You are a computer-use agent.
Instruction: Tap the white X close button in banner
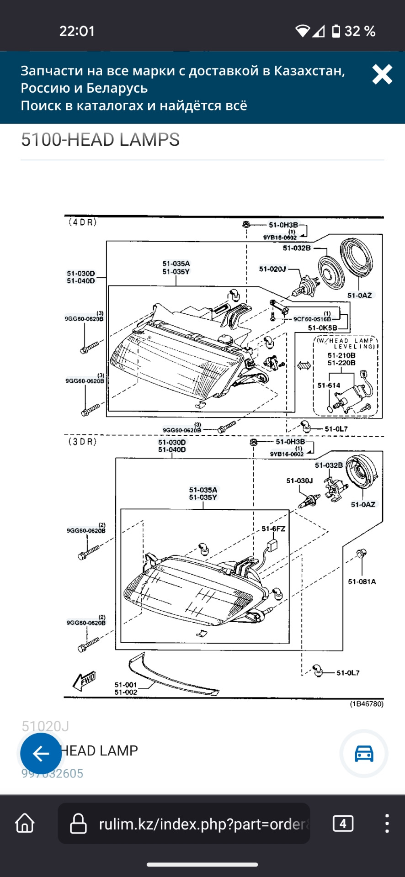[382, 74]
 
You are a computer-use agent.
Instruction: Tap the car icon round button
[364, 754]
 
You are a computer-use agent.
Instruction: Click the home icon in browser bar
[25, 824]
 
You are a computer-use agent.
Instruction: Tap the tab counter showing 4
[343, 824]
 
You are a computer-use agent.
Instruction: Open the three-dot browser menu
[387, 824]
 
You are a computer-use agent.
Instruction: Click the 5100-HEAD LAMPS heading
[100, 140]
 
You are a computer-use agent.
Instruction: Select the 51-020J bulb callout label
[272, 269]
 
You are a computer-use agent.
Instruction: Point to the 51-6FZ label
[273, 528]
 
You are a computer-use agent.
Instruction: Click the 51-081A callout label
[362, 581]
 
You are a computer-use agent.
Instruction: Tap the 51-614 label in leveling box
[329, 386]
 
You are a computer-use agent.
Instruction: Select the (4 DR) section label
[83, 222]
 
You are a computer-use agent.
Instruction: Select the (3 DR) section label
[83, 442]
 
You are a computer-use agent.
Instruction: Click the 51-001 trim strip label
[126, 685]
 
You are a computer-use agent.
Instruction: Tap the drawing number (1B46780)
[367, 704]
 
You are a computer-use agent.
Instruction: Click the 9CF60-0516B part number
[312, 319]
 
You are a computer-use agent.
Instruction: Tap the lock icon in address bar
[78, 824]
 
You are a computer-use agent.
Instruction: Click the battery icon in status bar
[336, 31]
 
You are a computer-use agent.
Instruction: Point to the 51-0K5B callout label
[322, 328]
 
